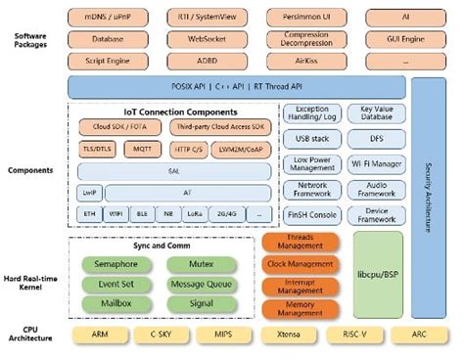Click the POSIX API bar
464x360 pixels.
click(236, 86)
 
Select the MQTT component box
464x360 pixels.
click(141, 148)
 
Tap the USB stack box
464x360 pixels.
click(311, 140)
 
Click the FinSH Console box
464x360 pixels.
click(311, 213)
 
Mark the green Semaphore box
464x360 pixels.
click(116, 263)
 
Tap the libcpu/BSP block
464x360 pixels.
click(376, 275)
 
